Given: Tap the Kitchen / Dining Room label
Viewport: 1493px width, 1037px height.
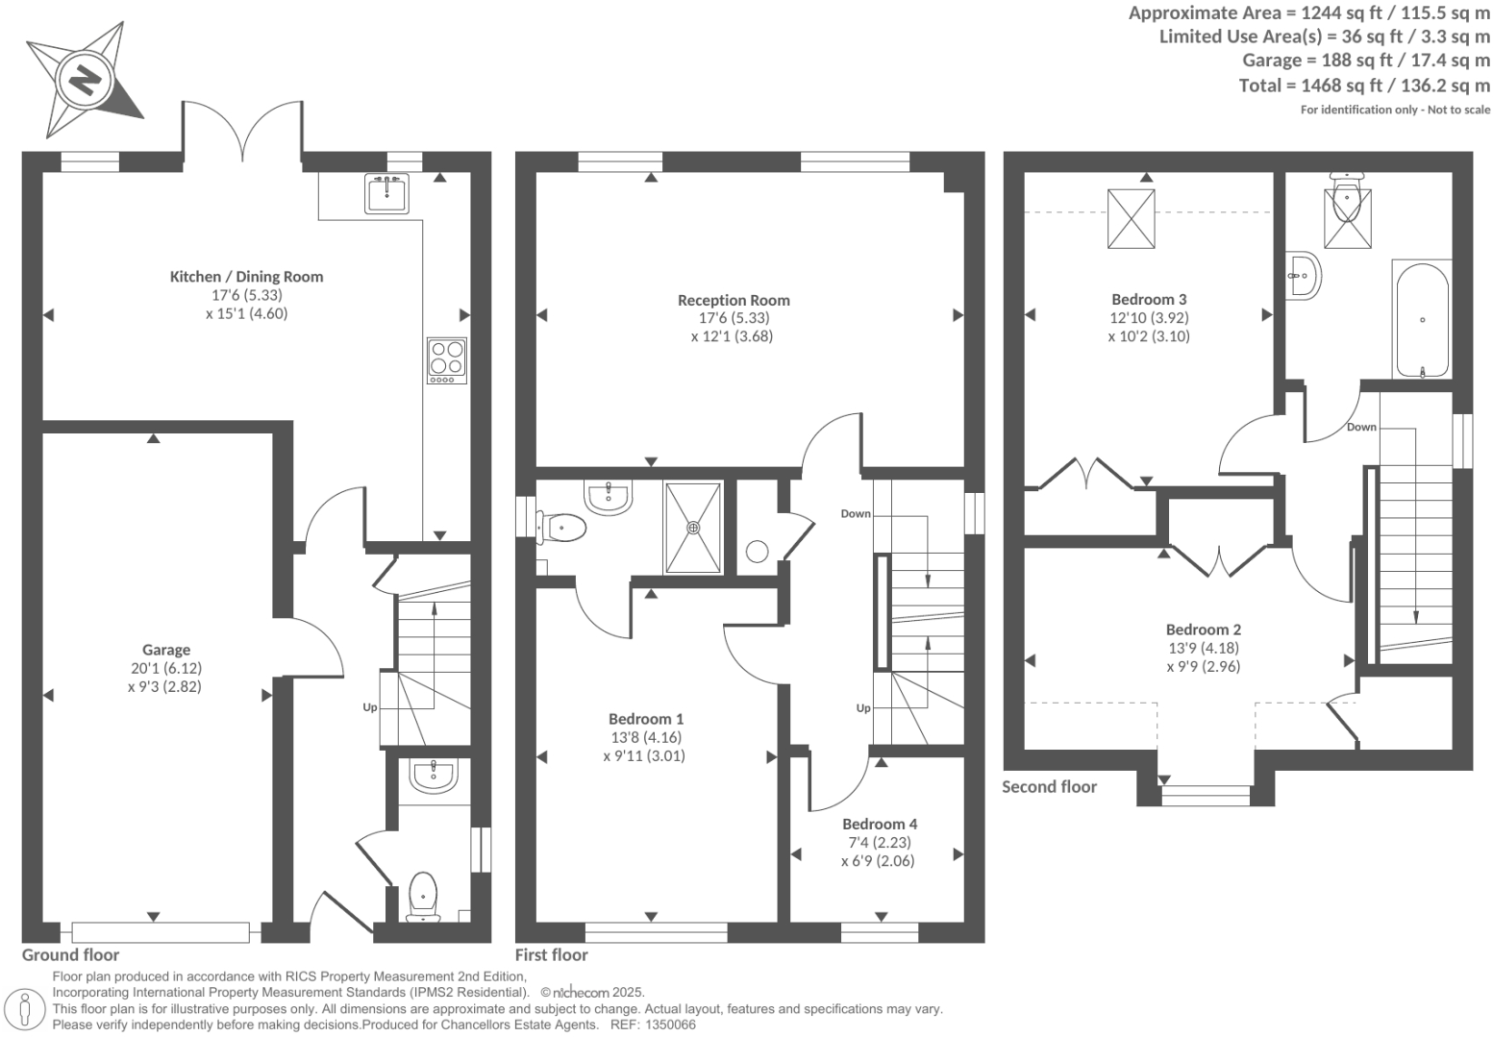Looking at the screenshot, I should pyautogui.click(x=246, y=277).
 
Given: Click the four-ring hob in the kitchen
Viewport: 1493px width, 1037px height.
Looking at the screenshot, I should pyautogui.click(x=446, y=360).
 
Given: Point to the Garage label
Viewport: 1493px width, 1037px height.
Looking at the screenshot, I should pyautogui.click(x=166, y=650).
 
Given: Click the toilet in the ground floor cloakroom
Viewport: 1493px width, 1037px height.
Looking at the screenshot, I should pyautogui.click(x=422, y=896).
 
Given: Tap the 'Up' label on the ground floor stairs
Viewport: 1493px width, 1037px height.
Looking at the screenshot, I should pyautogui.click(x=370, y=707).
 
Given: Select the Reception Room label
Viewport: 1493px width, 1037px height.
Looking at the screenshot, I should pyautogui.click(x=733, y=300).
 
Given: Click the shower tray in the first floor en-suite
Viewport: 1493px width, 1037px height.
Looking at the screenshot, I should pyautogui.click(x=692, y=526).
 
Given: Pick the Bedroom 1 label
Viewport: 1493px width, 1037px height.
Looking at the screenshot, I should pyautogui.click(x=646, y=719).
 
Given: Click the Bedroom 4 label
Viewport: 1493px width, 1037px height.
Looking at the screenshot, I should pyautogui.click(x=879, y=824).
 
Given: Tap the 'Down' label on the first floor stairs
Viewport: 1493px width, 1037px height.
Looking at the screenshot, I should pyautogui.click(x=855, y=513).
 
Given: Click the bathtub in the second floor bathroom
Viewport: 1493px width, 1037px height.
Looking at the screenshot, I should pyautogui.click(x=1421, y=319).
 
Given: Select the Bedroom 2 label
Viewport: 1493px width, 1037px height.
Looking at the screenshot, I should pyautogui.click(x=1204, y=630).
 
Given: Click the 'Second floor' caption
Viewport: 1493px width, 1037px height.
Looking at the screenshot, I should pyautogui.click(x=1049, y=787).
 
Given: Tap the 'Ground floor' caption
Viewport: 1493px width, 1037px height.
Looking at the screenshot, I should pyautogui.click(x=71, y=954).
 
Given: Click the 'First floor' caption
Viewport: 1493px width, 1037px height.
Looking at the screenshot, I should pyautogui.click(x=551, y=954).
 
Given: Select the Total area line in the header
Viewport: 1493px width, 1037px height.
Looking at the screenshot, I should pyautogui.click(x=1364, y=86).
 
